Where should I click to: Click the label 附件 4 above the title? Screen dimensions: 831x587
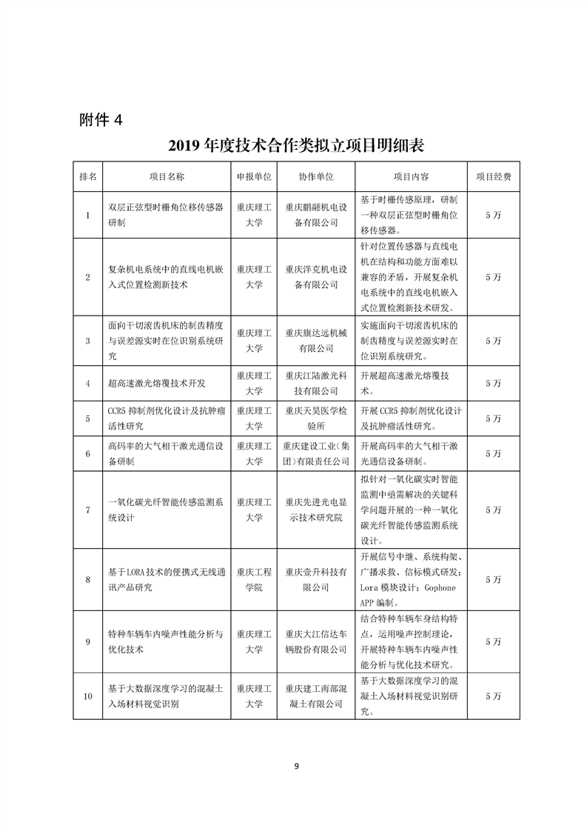tap(104, 119)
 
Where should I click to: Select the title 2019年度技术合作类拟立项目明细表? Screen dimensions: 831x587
tap(295, 144)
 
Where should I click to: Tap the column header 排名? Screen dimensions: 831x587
tap(88, 178)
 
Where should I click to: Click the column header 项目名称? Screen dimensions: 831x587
tap(167, 178)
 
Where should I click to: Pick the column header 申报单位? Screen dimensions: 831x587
tap(254, 178)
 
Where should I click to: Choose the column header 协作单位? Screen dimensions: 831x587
tap(316, 178)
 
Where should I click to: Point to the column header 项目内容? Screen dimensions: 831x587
tap(412, 178)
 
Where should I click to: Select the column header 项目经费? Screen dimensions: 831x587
tap(493, 178)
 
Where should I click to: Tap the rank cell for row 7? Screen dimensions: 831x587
tap(88, 510)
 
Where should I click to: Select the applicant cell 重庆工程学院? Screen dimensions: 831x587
tap(254, 579)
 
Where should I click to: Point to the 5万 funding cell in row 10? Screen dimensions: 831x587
tap(493, 696)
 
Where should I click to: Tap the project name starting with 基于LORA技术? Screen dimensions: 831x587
tap(167, 579)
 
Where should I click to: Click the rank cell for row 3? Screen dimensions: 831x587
tap(88, 341)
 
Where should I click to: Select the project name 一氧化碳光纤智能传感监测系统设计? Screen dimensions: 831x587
tap(167, 510)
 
